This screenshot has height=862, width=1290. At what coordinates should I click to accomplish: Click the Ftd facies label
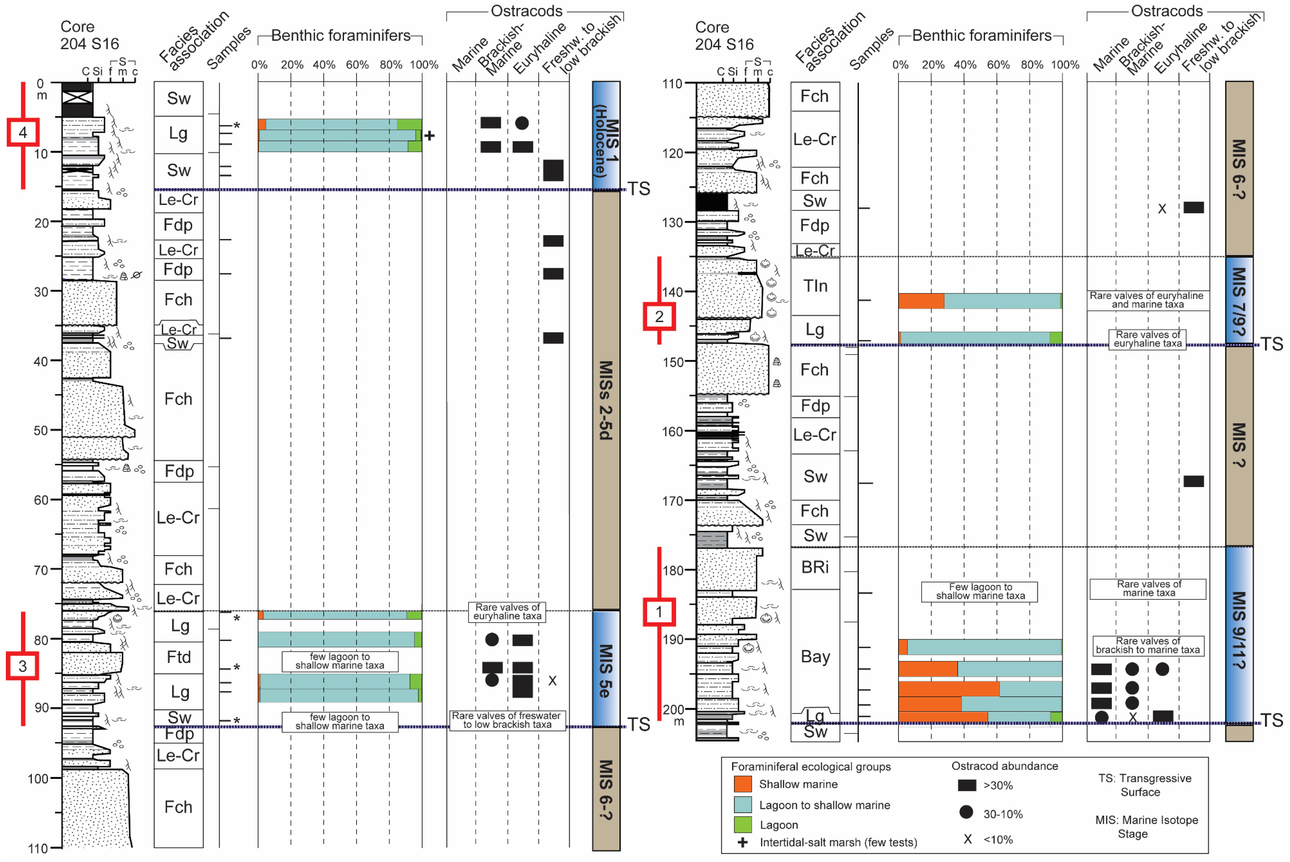[179, 657]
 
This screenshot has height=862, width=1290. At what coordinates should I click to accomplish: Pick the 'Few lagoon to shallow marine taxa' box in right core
[980, 592]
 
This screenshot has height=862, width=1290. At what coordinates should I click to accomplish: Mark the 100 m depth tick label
[38, 778]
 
